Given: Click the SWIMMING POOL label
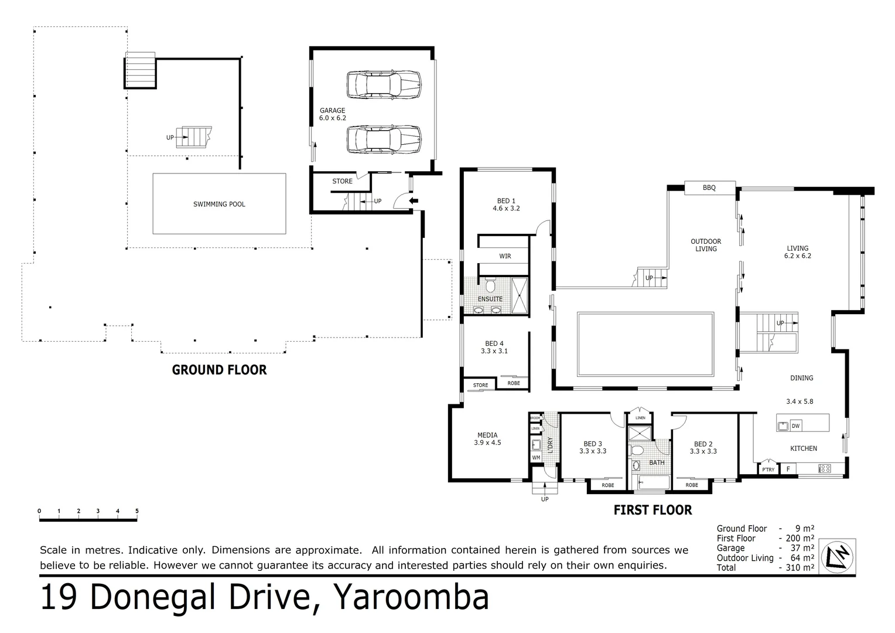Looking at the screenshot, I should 219,204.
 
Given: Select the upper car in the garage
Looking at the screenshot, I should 384,84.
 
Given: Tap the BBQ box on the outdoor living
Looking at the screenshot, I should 709,188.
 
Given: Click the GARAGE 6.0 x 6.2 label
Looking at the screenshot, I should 332,114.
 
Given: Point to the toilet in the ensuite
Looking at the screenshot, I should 491,285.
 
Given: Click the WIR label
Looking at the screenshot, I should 505,256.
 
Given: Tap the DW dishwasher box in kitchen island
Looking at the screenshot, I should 795,426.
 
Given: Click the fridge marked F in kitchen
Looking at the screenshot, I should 788,469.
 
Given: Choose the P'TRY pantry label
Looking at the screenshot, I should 768,469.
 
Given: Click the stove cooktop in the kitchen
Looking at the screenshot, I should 824,468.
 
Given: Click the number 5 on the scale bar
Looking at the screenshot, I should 137,511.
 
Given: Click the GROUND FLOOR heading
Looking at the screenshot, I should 219,370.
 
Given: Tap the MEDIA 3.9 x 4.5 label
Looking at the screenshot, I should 487,438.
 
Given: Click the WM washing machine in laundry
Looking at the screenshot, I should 536,458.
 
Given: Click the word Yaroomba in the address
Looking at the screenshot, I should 410,598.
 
